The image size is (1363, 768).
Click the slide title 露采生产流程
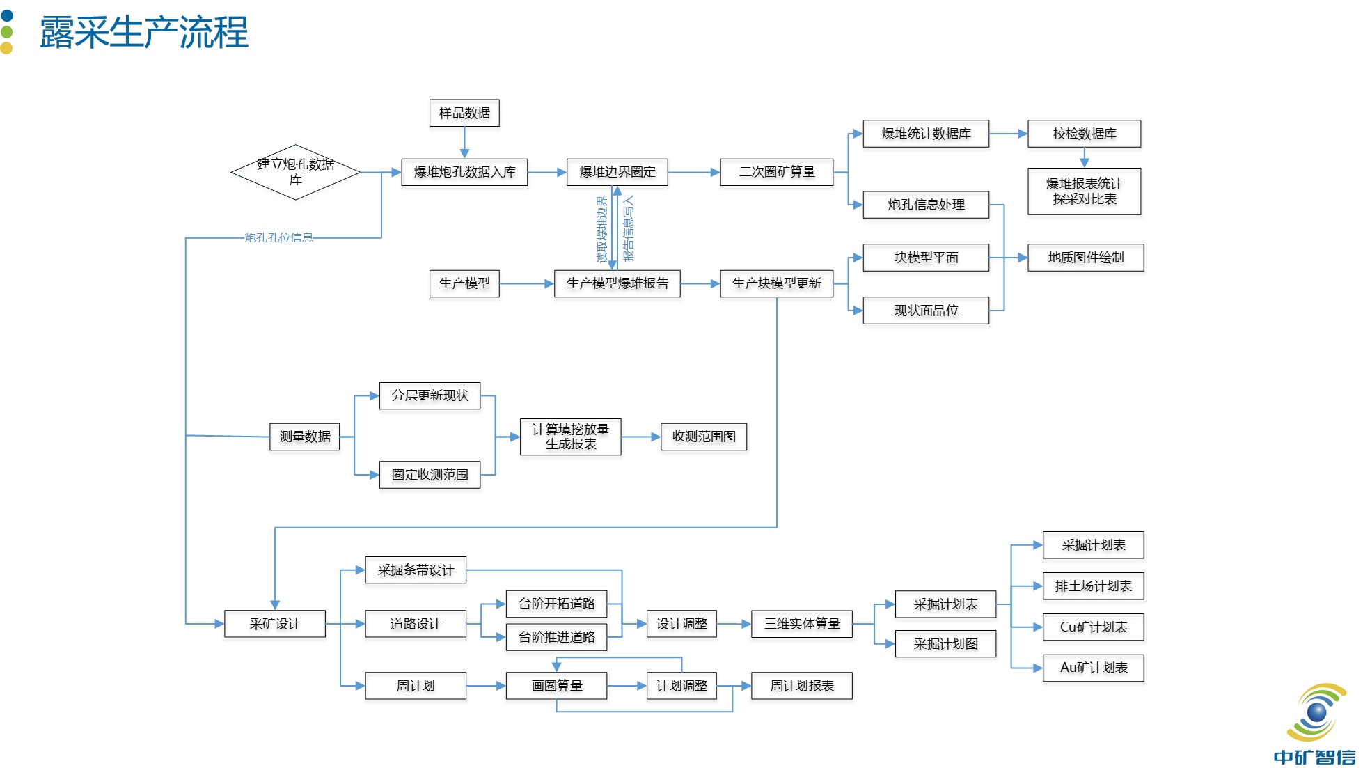tap(144, 33)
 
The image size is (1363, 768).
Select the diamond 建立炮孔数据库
tap(296, 172)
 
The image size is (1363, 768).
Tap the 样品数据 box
tap(464, 113)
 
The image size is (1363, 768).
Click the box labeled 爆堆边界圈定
tap(617, 172)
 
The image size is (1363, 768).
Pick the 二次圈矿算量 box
tap(777, 172)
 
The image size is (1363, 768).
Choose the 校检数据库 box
tap(1085, 134)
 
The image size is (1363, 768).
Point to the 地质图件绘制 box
tap(1086, 258)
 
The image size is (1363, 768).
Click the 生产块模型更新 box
tap(777, 283)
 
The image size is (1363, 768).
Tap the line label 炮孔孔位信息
tap(278, 238)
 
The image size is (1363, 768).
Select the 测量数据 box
tap(305, 437)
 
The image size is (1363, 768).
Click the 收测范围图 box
tap(704, 437)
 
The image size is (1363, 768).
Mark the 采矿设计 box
tap(275, 624)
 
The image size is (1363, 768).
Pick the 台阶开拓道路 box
tap(557, 604)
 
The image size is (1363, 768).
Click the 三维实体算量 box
tap(802, 624)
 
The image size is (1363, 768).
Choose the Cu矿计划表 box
tap(1094, 627)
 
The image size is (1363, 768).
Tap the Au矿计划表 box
tap(1094, 668)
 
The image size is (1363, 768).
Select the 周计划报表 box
tap(802, 686)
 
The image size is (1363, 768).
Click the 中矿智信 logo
tap(1314, 724)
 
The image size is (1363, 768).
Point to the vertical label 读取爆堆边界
tap(602, 230)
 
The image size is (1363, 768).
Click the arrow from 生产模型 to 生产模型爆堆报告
tap(526, 283)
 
